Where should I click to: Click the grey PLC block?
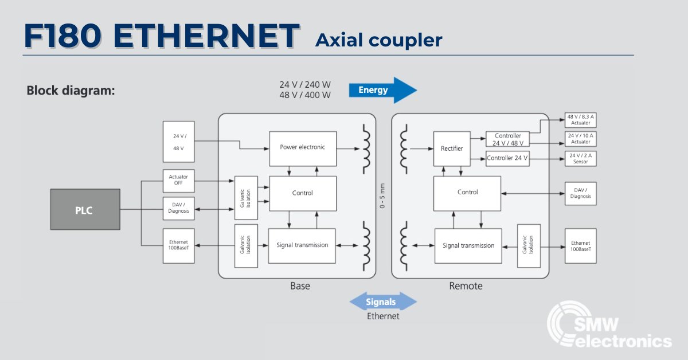pyautogui.click(x=85, y=210)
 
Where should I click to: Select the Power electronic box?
pyautogui.click(x=302, y=148)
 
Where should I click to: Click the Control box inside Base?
pyautogui.click(x=302, y=193)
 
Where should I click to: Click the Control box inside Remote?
pyautogui.click(x=467, y=193)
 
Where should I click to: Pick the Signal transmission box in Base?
pyautogui.click(x=302, y=245)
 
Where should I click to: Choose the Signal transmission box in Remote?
pyautogui.click(x=468, y=245)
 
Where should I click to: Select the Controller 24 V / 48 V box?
pyautogui.click(x=507, y=139)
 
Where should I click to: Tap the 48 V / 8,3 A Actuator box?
pyautogui.click(x=580, y=119)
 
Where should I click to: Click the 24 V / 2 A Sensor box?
pyautogui.click(x=580, y=159)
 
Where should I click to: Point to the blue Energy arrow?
pyautogui.click(x=381, y=90)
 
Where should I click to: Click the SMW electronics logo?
pyautogui.click(x=608, y=327)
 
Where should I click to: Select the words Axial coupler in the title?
pyautogui.click(x=378, y=40)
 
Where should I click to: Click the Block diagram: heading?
pyautogui.click(x=71, y=91)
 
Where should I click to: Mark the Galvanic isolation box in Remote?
pyautogui.click(x=529, y=246)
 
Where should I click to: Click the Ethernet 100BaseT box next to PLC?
pyautogui.click(x=179, y=246)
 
